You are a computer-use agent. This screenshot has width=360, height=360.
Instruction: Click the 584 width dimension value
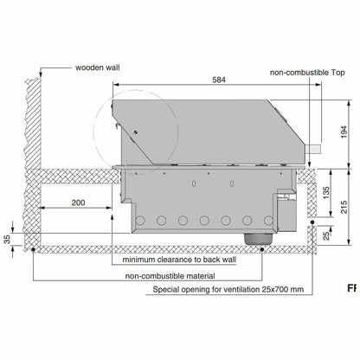coord(219,80)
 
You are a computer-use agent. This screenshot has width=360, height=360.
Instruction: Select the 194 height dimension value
coord(344,132)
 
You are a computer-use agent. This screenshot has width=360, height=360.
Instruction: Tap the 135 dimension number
coord(325,193)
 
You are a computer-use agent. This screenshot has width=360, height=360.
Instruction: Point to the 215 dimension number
coord(344,207)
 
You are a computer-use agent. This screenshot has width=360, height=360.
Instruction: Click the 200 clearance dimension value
coord(78,202)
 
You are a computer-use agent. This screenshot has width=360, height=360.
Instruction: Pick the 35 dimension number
coord(7,239)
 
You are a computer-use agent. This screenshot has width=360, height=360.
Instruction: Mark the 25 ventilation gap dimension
coord(325,236)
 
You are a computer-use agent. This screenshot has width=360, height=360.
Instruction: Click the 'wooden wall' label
coord(98,67)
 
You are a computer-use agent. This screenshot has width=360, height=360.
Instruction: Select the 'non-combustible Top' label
coord(307,73)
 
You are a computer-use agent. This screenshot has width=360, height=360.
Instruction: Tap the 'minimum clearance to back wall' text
coord(179,260)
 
